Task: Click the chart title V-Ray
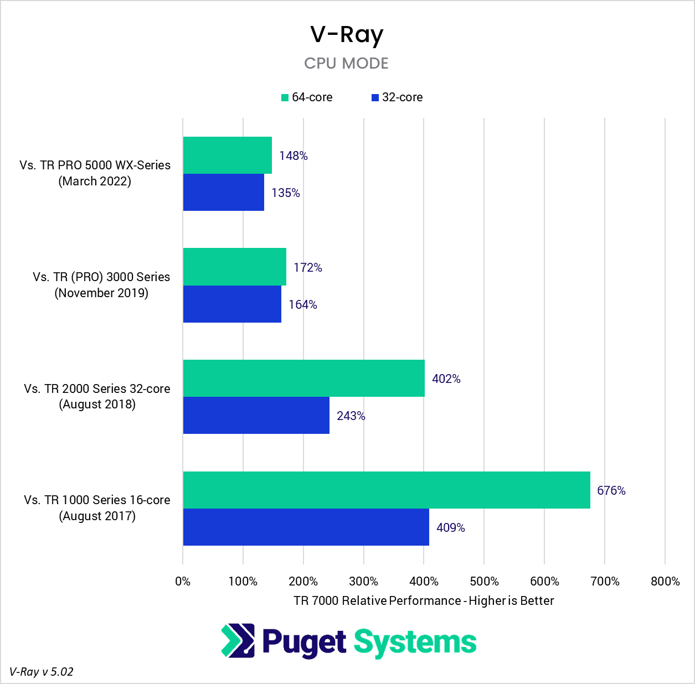[347, 35]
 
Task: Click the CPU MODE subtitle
[346, 63]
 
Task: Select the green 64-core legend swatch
[285, 98]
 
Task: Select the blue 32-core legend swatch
[375, 98]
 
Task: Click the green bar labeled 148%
[227, 156]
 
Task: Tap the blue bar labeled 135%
[223, 193]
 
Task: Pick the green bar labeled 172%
[234, 267]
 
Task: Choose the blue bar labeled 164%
[232, 304]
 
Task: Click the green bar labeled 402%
[303, 378]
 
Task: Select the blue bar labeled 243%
[256, 415]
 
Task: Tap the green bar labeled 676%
[386, 490]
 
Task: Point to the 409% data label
[450, 528]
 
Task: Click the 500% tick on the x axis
[484, 582]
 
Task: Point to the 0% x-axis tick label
[183, 582]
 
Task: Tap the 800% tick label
[665, 582]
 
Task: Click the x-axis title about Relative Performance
[424, 601]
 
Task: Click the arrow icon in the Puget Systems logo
[238, 641]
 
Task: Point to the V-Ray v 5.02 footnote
[42, 672]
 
